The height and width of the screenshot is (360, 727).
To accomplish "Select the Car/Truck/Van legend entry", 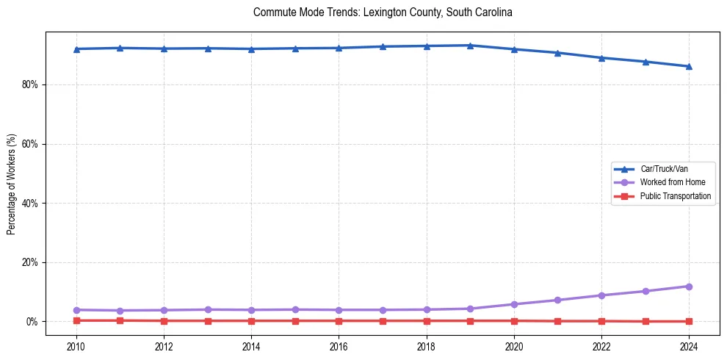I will (664, 169).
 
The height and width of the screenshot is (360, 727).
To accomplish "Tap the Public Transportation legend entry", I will (675, 196).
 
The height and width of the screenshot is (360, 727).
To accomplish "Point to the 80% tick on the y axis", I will (31, 85).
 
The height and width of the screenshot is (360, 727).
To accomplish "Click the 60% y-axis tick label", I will (31, 144).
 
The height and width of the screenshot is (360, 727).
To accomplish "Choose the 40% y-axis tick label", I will (31, 204).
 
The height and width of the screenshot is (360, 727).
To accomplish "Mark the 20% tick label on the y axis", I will (31, 262).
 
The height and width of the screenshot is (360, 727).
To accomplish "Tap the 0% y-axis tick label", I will (33, 322).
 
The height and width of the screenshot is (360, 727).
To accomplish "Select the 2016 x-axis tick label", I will (339, 346).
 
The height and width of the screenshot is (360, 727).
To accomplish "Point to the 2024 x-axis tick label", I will (689, 346).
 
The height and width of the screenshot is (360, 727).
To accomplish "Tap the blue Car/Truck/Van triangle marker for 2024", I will (689, 66).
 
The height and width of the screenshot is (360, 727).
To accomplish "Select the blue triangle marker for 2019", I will (470, 46).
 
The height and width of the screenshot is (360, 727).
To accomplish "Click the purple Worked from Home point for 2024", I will (689, 287).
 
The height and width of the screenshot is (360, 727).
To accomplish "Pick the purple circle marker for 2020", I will (514, 304).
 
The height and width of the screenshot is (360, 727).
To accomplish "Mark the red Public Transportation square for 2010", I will (76, 320).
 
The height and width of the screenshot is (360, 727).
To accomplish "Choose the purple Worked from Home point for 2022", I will (601, 295).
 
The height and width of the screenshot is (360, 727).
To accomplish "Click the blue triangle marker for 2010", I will (76, 49).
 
